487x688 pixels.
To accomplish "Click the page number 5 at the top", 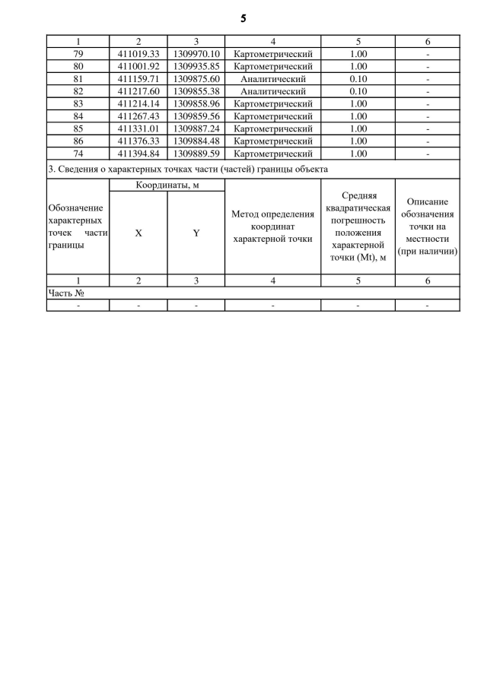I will pos(243,17).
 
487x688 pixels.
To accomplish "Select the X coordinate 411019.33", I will pos(138,55).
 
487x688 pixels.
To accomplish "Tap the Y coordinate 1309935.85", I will pos(196,67).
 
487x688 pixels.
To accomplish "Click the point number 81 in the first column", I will pos(78,79).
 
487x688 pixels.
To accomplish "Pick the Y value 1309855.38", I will pos(196,91).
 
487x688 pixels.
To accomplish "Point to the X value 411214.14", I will pos(138,104).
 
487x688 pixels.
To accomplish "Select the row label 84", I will pos(78,116).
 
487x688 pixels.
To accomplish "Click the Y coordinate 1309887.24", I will pos(196,128).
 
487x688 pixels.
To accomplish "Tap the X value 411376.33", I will pos(138,141).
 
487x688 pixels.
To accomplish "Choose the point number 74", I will pos(78,153).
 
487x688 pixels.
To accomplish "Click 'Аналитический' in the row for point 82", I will pos(273,91).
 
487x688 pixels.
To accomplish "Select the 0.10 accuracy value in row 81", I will pos(358,79).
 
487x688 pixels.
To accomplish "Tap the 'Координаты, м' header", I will pos(167,185).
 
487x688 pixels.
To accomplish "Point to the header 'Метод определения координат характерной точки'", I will pos(273,227).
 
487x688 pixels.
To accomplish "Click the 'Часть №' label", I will pos(65,293).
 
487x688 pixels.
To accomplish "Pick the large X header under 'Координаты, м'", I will pos(138,233).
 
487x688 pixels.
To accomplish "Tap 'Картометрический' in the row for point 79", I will pos(273,55).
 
